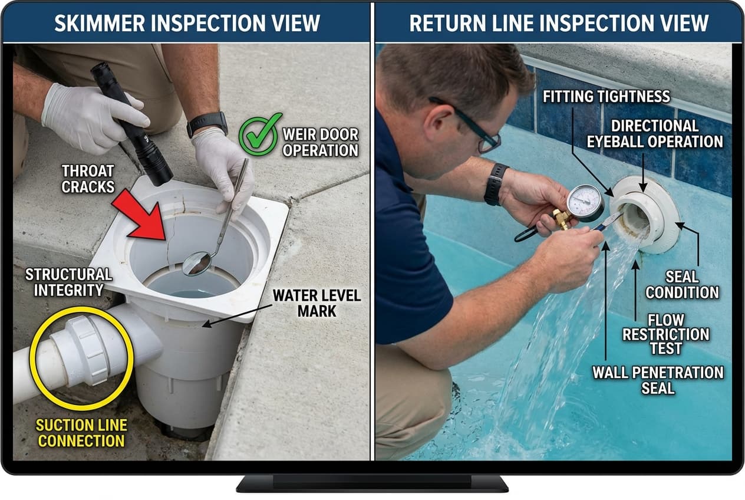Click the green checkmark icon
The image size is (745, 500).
(x=260, y=134)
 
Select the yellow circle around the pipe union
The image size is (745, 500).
(x=82, y=357)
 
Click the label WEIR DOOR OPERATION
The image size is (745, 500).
(x=320, y=142)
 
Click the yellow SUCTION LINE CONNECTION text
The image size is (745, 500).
(x=81, y=433)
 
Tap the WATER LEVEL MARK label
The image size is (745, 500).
(x=316, y=302)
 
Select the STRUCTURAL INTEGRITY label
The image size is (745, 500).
(x=69, y=282)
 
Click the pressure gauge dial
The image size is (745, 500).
(x=585, y=202)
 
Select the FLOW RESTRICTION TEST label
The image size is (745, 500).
(x=666, y=334)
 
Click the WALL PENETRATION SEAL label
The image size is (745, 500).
(x=658, y=380)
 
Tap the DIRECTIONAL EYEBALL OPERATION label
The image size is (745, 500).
(x=666, y=133)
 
